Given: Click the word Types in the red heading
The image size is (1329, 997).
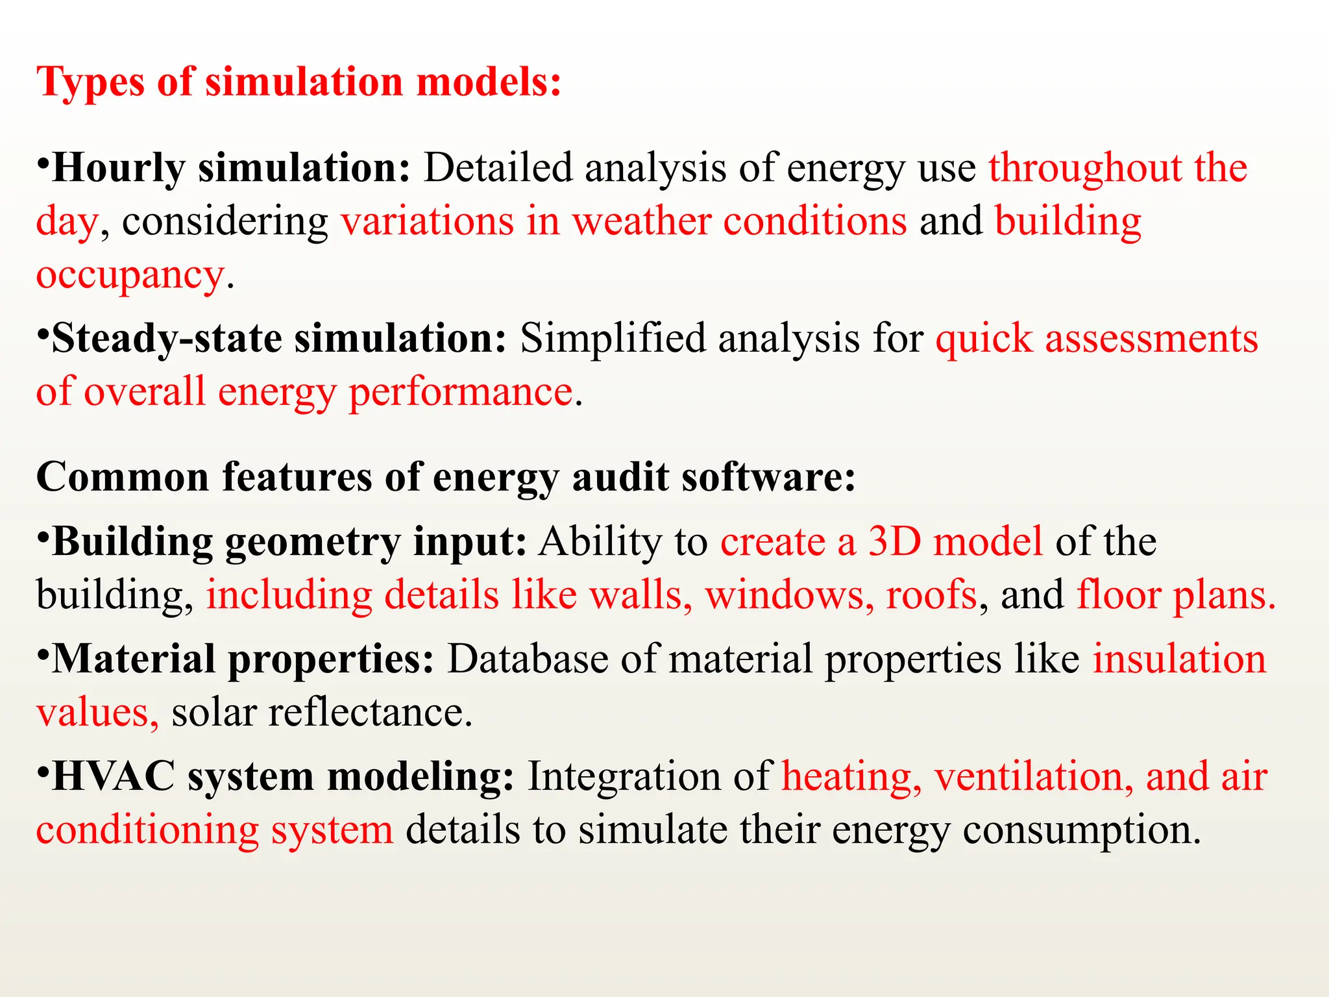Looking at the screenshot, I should pyautogui.click(x=90, y=83).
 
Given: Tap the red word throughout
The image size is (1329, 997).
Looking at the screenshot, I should pyautogui.click(x=1084, y=168).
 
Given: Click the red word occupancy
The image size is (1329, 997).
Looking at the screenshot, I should pyautogui.click(x=130, y=275).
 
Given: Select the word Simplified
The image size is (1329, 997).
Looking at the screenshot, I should pyautogui.click(x=613, y=339).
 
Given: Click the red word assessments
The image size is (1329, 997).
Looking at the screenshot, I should pyautogui.click(x=1151, y=339).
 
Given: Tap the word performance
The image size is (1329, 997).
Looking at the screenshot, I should pyautogui.click(x=461, y=393).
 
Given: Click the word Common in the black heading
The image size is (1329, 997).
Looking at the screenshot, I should pyautogui.click(x=123, y=477).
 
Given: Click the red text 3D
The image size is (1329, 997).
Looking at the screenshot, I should pyautogui.click(x=894, y=541).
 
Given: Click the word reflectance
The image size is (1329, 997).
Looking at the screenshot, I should pyautogui.click(x=370, y=713).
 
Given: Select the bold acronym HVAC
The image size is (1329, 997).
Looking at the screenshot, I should pyautogui.click(x=114, y=776).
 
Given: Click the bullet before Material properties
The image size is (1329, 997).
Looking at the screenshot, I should pyautogui.click(x=43, y=652).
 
